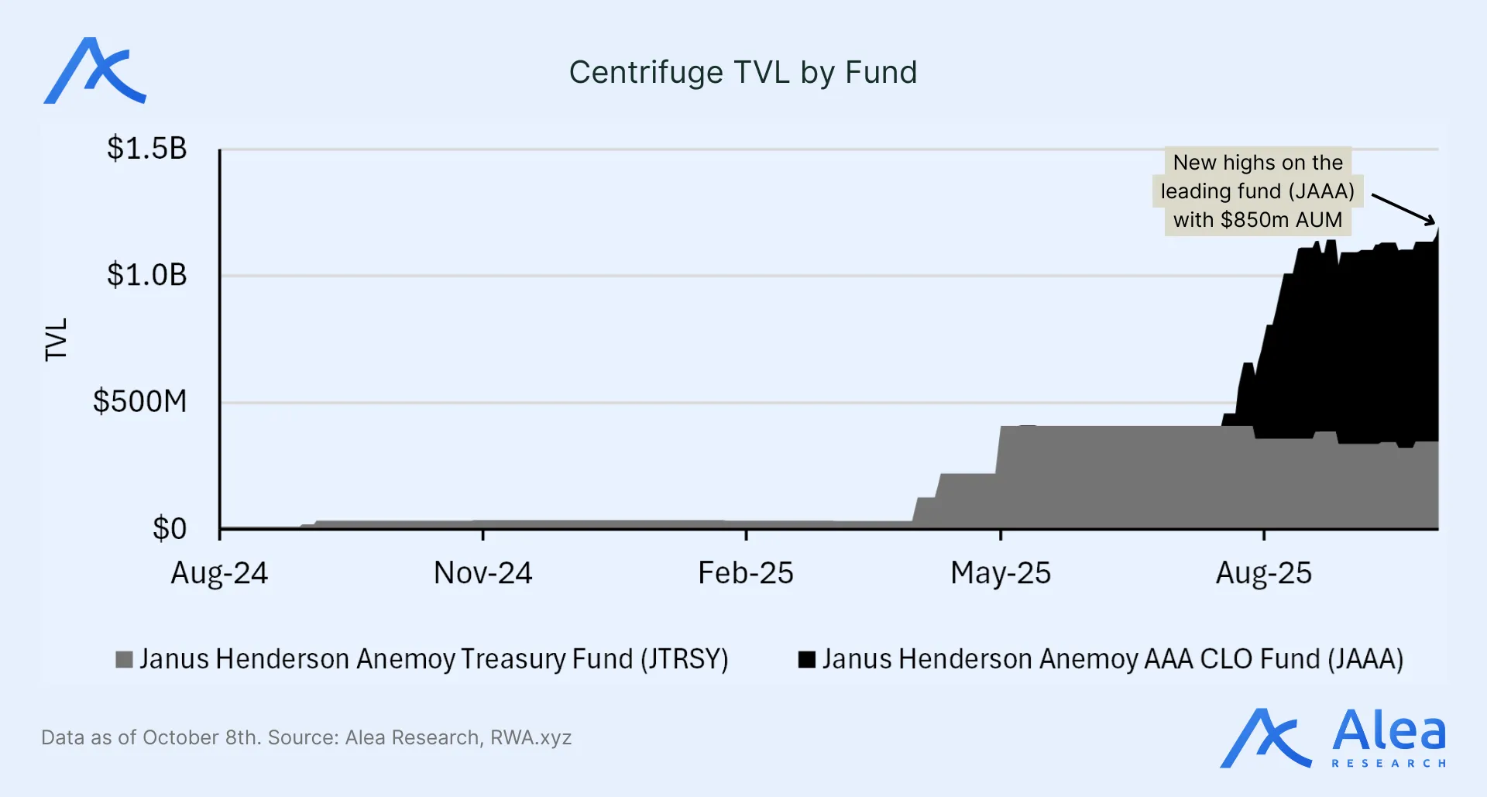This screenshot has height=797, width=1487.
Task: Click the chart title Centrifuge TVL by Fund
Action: coord(743,73)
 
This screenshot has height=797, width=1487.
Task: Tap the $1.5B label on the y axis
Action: coord(146,148)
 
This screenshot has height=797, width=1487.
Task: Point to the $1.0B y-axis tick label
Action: coord(146,275)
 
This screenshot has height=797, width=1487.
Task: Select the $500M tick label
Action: coord(139,401)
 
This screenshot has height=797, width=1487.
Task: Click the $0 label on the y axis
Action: coord(169,528)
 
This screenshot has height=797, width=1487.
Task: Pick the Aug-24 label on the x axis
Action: coord(219,573)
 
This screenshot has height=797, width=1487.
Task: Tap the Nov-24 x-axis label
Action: coord(483,573)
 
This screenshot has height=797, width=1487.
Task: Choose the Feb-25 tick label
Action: coord(745,573)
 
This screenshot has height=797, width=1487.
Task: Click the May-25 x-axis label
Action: coord(1000,573)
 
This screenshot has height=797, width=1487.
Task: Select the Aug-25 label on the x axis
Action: coord(1263,573)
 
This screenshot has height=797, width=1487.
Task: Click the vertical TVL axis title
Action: coord(57,339)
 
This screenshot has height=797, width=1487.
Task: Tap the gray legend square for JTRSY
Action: coord(124,659)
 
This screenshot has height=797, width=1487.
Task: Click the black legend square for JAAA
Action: coord(807,659)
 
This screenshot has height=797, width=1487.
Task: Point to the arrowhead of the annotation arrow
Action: coord(1432,222)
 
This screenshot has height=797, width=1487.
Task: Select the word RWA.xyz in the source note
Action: coord(531,737)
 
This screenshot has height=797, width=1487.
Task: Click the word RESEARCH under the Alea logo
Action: coord(1389,764)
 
